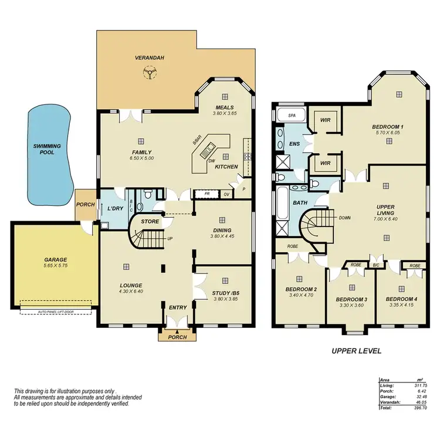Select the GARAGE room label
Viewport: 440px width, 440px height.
click(x=56, y=259)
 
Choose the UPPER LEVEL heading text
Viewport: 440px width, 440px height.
click(x=357, y=351)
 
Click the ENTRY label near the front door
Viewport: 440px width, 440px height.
click(x=177, y=307)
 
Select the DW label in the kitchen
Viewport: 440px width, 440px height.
click(x=211, y=161)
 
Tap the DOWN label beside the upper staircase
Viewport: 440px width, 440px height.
click(x=345, y=217)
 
